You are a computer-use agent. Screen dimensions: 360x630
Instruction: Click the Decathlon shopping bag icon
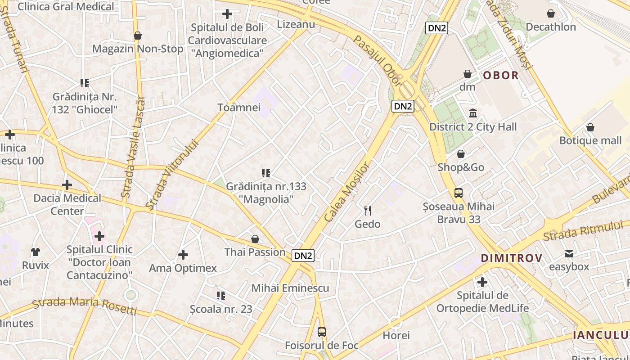(x=550, y=13)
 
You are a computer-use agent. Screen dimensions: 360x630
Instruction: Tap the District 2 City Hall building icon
(x=473, y=113)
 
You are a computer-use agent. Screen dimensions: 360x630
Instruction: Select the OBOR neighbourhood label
(x=501, y=75)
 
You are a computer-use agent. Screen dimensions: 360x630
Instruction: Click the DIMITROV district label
(x=512, y=258)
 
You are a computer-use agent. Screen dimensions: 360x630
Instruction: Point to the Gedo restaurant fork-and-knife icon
(x=368, y=210)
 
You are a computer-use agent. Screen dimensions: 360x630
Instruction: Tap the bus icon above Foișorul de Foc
(x=321, y=332)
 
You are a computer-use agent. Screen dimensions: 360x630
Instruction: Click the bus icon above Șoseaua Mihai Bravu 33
(x=458, y=193)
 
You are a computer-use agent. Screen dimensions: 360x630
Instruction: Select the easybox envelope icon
(x=569, y=254)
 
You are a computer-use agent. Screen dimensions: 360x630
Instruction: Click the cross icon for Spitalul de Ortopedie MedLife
(x=482, y=282)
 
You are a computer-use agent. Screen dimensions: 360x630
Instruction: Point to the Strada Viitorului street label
(x=172, y=175)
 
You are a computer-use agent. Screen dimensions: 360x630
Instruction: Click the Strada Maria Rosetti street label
(x=85, y=305)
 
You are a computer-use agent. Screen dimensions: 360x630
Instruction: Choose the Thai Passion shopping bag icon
(x=255, y=238)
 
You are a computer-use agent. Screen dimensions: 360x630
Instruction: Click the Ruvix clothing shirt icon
(x=36, y=252)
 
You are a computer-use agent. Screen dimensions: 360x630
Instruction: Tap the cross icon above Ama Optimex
(x=183, y=255)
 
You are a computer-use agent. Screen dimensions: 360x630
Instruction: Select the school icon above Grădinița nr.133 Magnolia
(x=265, y=173)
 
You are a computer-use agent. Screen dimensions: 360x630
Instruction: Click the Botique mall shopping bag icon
(x=590, y=127)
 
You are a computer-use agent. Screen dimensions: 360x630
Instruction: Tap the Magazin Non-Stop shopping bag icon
(x=138, y=36)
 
